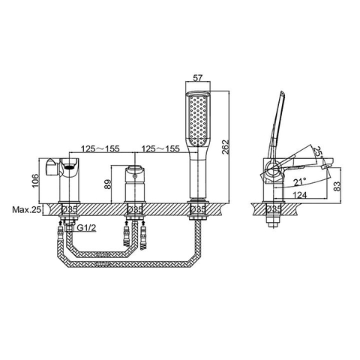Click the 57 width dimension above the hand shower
pos(199,76)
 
